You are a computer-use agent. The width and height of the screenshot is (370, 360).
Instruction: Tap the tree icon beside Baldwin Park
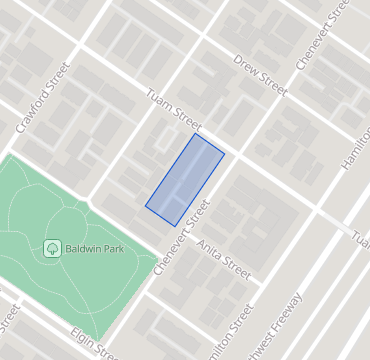[x=52, y=248]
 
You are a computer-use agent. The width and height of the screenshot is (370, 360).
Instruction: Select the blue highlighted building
[x=185, y=179]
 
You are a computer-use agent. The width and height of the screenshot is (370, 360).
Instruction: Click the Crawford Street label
[x=43, y=100]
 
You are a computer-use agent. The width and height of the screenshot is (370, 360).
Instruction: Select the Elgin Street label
[x=94, y=345]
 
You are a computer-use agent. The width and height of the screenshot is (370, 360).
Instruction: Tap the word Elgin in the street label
[x=83, y=338]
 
